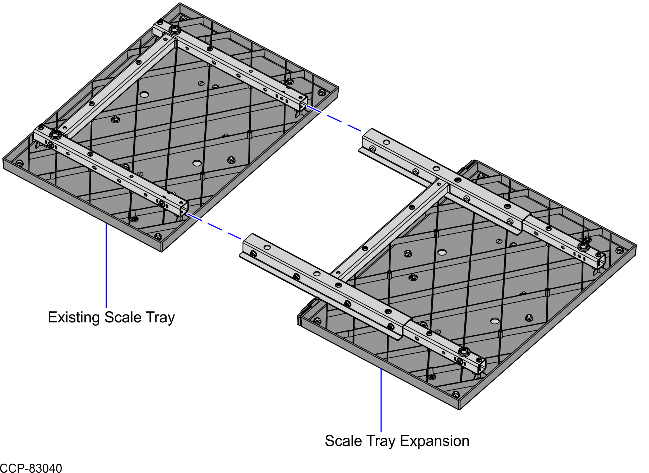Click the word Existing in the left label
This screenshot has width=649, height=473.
click(x=74, y=317)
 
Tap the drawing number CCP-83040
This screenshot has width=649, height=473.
click(x=31, y=468)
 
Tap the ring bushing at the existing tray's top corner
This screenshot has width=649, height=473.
click(x=174, y=29)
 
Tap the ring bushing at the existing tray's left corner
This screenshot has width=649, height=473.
click(x=55, y=135)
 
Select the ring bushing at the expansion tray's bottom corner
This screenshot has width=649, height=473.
click(x=464, y=352)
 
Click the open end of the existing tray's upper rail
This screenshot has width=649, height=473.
click(x=303, y=102)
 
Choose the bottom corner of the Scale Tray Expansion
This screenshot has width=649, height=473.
click(x=460, y=409)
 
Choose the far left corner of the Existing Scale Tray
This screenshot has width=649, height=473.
click(x=4, y=159)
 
